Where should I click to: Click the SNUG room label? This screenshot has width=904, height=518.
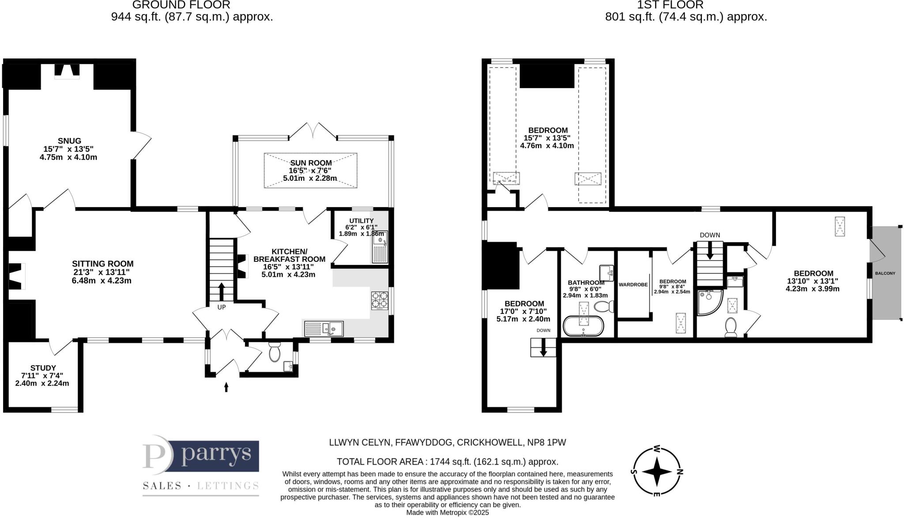(x=69, y=141)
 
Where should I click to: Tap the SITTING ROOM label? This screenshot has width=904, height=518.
(x=102, y=264)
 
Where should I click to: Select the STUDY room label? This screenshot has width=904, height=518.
(x=43, y=368)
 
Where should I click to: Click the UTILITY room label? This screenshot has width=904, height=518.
(x=361, y=220)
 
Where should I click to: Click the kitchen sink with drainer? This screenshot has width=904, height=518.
(x=324, y=328)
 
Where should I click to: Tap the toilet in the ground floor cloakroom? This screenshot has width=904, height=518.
(x=275, y=352)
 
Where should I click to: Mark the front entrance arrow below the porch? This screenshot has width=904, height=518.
(x=226, y=387)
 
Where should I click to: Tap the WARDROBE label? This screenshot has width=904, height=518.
(x=633, y=285)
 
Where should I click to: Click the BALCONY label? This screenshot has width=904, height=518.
(x=885, y=273)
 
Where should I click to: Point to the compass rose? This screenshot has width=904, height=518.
(x=657, y=471)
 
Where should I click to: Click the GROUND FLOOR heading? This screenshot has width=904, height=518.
(x=181, y=5)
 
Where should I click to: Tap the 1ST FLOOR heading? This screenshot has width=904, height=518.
(x=670, y=5)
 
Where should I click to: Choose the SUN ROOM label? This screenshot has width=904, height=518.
(x=311, y=163)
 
